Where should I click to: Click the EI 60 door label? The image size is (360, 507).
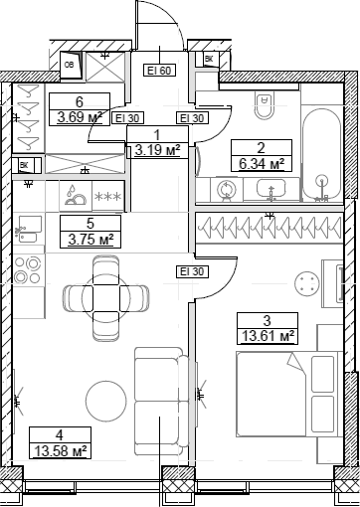point(160,71)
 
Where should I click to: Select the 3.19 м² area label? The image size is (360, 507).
point(157,151)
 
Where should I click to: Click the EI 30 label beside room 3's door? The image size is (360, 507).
point(190,299)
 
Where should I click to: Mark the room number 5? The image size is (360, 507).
point(90,224)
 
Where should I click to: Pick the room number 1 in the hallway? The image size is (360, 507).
point(157,136)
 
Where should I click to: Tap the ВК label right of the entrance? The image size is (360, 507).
point(209,61)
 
